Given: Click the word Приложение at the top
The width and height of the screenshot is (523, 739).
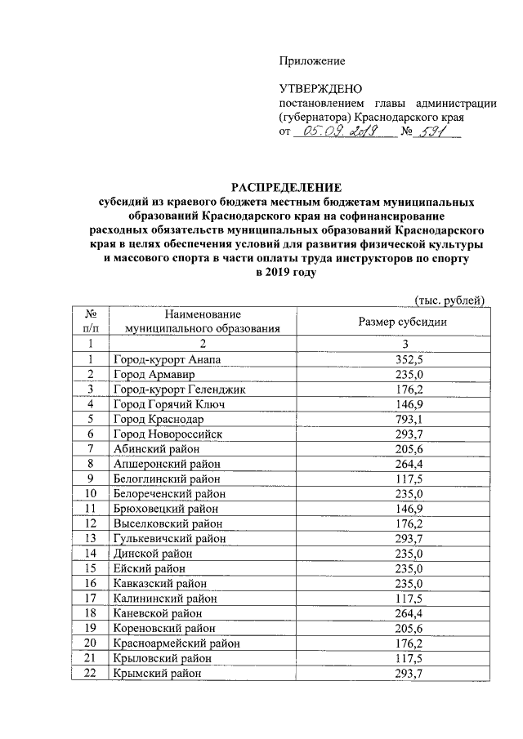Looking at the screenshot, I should (312, 61).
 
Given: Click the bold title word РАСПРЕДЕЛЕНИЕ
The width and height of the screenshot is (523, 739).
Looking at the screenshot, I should (284, 187).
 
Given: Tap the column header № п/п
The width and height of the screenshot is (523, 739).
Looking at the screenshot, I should (92, 321).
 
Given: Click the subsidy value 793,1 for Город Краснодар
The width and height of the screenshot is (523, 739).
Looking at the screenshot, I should (396, 419).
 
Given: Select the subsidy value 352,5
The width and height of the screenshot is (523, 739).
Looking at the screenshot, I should (396, 359).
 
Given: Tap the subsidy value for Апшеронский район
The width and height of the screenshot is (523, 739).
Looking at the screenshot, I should (396, 464).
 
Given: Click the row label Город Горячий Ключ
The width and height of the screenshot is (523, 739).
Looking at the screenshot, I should (163, 404).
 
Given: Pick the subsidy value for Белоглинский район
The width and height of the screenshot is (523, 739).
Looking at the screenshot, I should (396, 479).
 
